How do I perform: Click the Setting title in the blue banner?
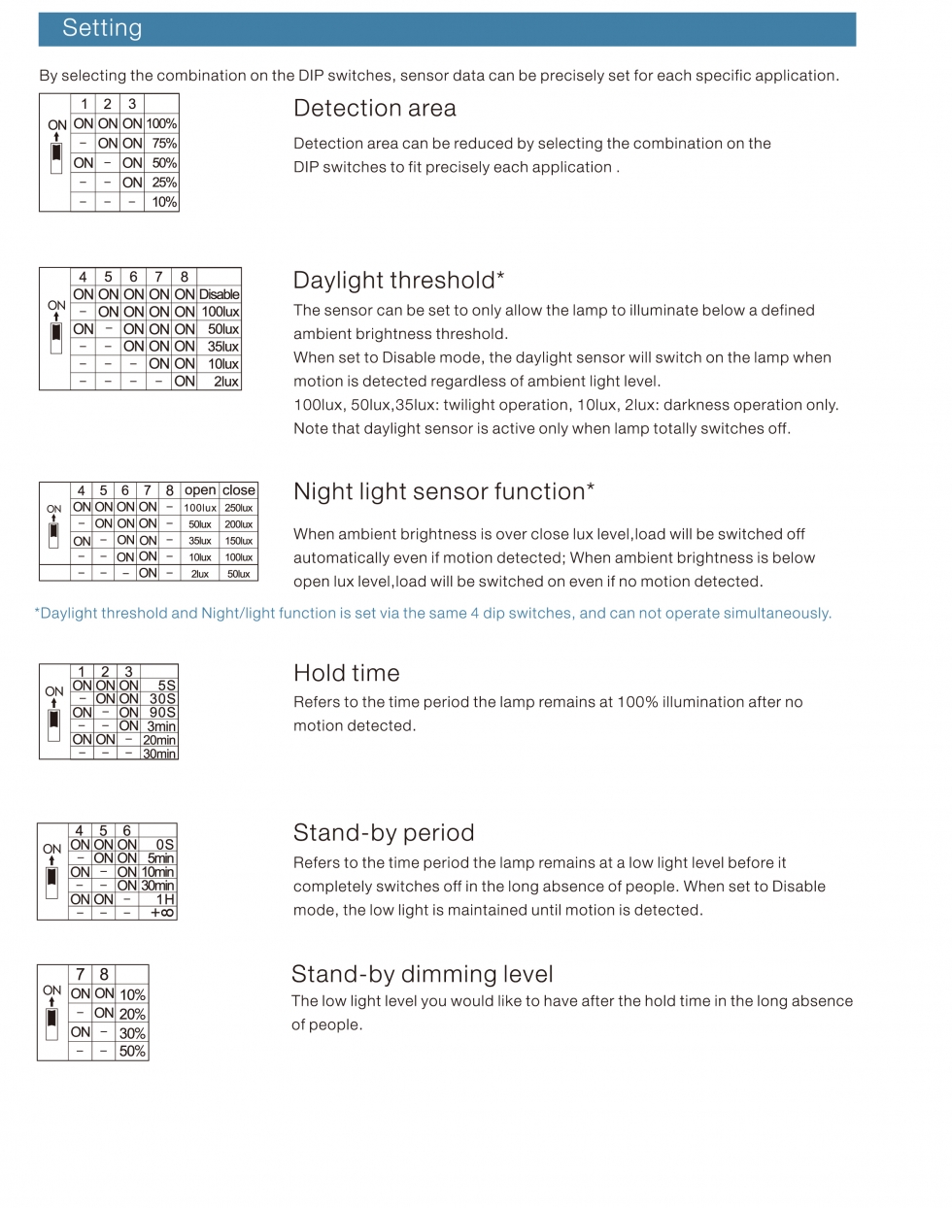[x=102, y=28]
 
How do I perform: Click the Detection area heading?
[x=374, y=109]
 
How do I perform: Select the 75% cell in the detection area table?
[x=163, y=144]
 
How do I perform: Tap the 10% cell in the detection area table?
[x=163, y=202]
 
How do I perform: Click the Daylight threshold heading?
[x=398, y=281]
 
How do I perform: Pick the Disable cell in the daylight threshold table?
[x=220, y=294]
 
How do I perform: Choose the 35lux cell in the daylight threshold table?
[x=222, y=347]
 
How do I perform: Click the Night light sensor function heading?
[x=443, y=491]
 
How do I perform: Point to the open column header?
[x=200, y=490]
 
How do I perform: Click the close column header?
[x=239, y=490]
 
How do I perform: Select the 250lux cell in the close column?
[x=239, y=508]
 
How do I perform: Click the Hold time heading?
[x=346, y=673]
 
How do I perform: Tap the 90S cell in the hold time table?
[x=162, y=713]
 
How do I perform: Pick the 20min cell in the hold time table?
[x=159, y=740]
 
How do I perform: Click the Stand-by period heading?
[x=384, y=833]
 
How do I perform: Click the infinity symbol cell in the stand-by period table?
[x=161, y=913]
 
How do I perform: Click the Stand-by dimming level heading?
[x=422, y=975]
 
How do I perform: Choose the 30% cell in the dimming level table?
[x=132, y=1033]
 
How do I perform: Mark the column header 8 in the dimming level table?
[x=104, y=975]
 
